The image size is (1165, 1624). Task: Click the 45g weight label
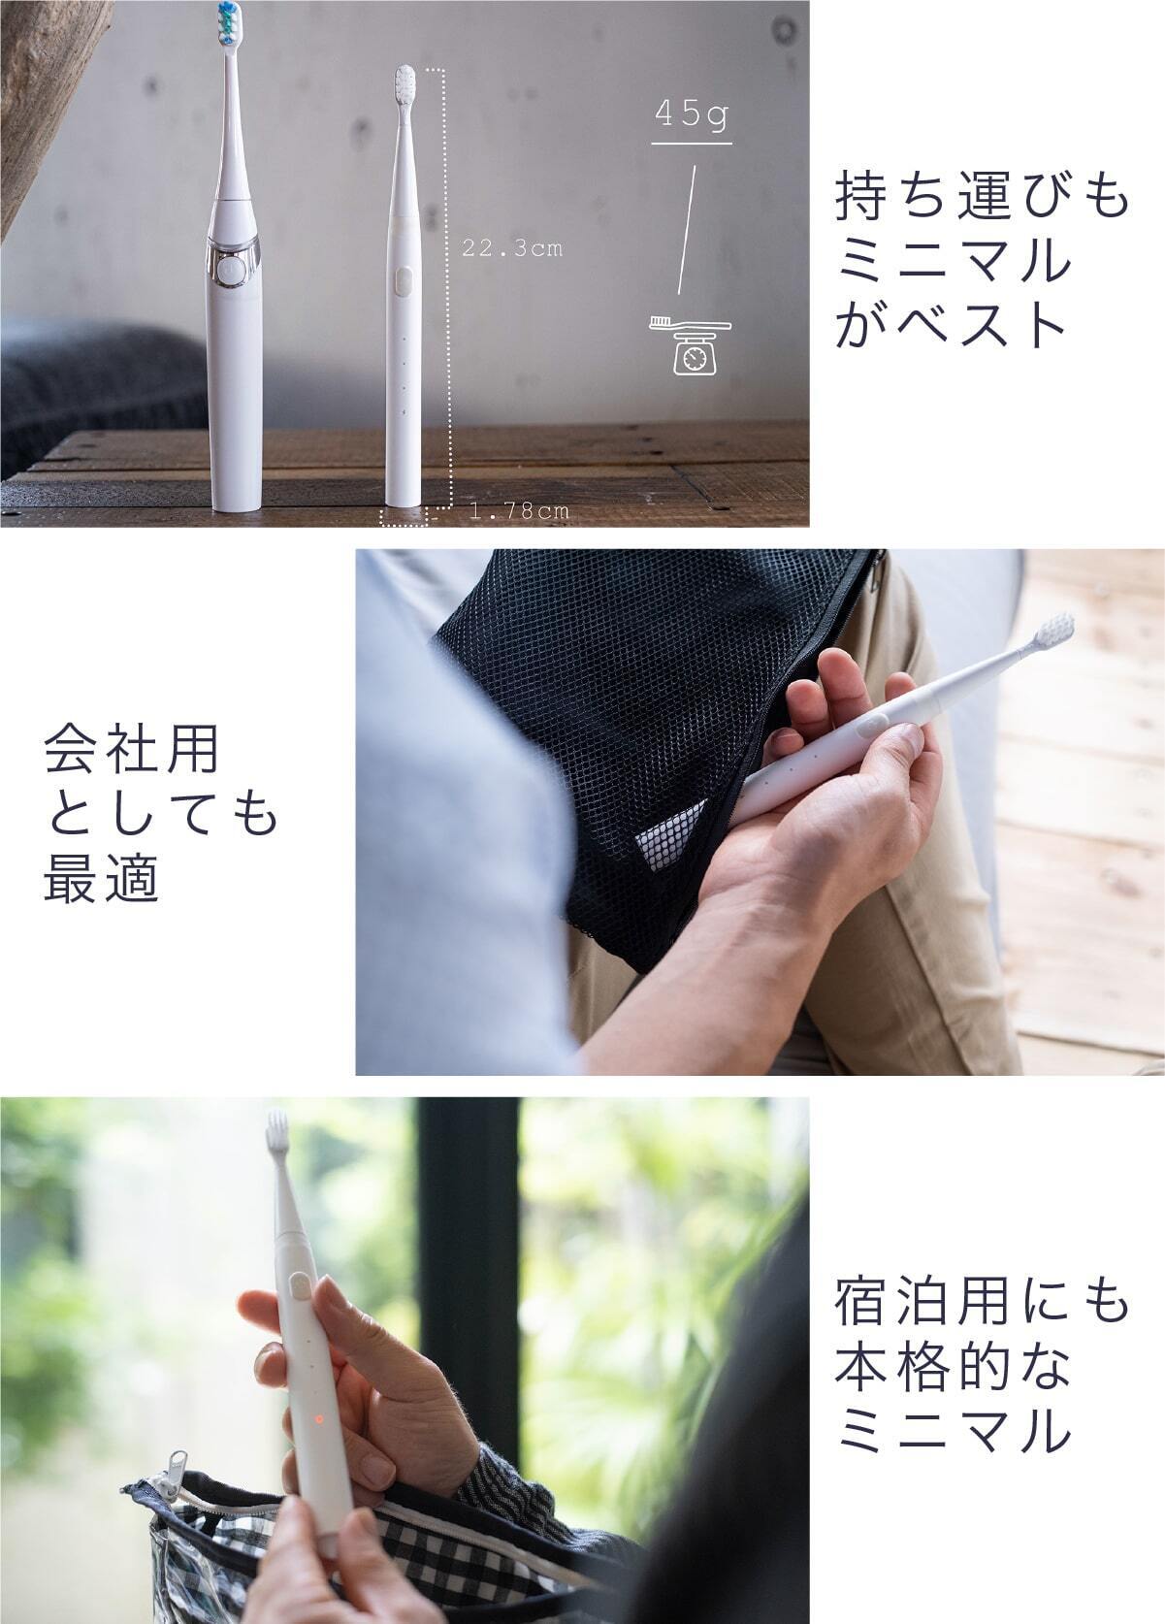click(691, 115)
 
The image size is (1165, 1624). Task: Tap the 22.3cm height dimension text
click(512, 248)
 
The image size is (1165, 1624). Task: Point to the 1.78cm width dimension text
click(519, 511)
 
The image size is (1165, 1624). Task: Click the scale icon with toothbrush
click(690, 345)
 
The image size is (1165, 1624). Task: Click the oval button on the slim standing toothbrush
click(404, 279)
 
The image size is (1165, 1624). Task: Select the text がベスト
click(951, 324)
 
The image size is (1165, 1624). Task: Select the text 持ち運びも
click(983, 195)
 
